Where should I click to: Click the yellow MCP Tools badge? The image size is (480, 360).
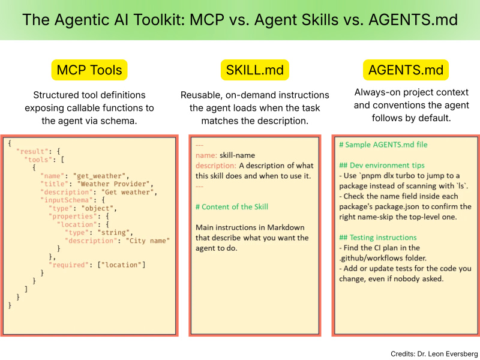89,70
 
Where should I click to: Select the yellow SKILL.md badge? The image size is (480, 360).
254,70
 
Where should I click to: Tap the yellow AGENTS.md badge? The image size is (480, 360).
406,70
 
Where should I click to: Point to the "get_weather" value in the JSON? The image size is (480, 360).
100,176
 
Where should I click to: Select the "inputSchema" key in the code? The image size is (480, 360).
67,200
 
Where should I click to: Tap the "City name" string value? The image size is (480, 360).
148,241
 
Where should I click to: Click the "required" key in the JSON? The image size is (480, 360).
69,265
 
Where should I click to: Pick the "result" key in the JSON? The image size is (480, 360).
32,152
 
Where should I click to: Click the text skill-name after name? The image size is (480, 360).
237,155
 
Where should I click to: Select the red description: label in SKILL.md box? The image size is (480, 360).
216,166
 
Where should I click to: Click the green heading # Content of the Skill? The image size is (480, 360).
232,207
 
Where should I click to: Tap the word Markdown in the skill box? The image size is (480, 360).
286,227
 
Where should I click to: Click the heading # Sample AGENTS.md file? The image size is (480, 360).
383,145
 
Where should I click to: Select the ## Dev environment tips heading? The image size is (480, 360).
382,166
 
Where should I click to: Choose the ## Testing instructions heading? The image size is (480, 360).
378,238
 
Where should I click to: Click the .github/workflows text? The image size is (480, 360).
370,258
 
